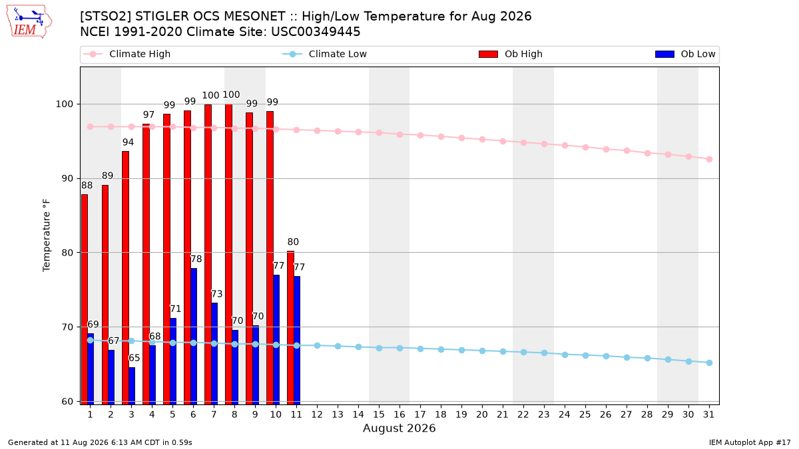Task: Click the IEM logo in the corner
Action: tap(29, 22)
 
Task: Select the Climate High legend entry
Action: tap(127, 54)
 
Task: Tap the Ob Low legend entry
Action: tap(685, 54)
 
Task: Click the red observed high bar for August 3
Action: tap(126, 277)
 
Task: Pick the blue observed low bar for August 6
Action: tap(194, 337)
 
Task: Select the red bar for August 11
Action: tap(291, 328)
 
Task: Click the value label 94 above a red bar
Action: tap(128, 142)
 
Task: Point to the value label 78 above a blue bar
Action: tap(196, 259)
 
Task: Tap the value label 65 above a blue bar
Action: tap(134, 358)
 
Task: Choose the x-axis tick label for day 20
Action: tap(482, 415)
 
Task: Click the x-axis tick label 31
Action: tap(708, 415)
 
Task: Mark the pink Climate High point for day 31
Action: tap(710, 159)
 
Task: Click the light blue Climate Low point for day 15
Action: tap(379, 348)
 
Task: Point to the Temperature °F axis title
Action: tap(47, 235)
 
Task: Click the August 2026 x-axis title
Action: tap(399, 428)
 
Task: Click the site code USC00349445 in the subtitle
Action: tap(316, 32)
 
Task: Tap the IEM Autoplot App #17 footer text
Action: tap(750, 442)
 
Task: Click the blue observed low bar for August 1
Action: tap(91, 369)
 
